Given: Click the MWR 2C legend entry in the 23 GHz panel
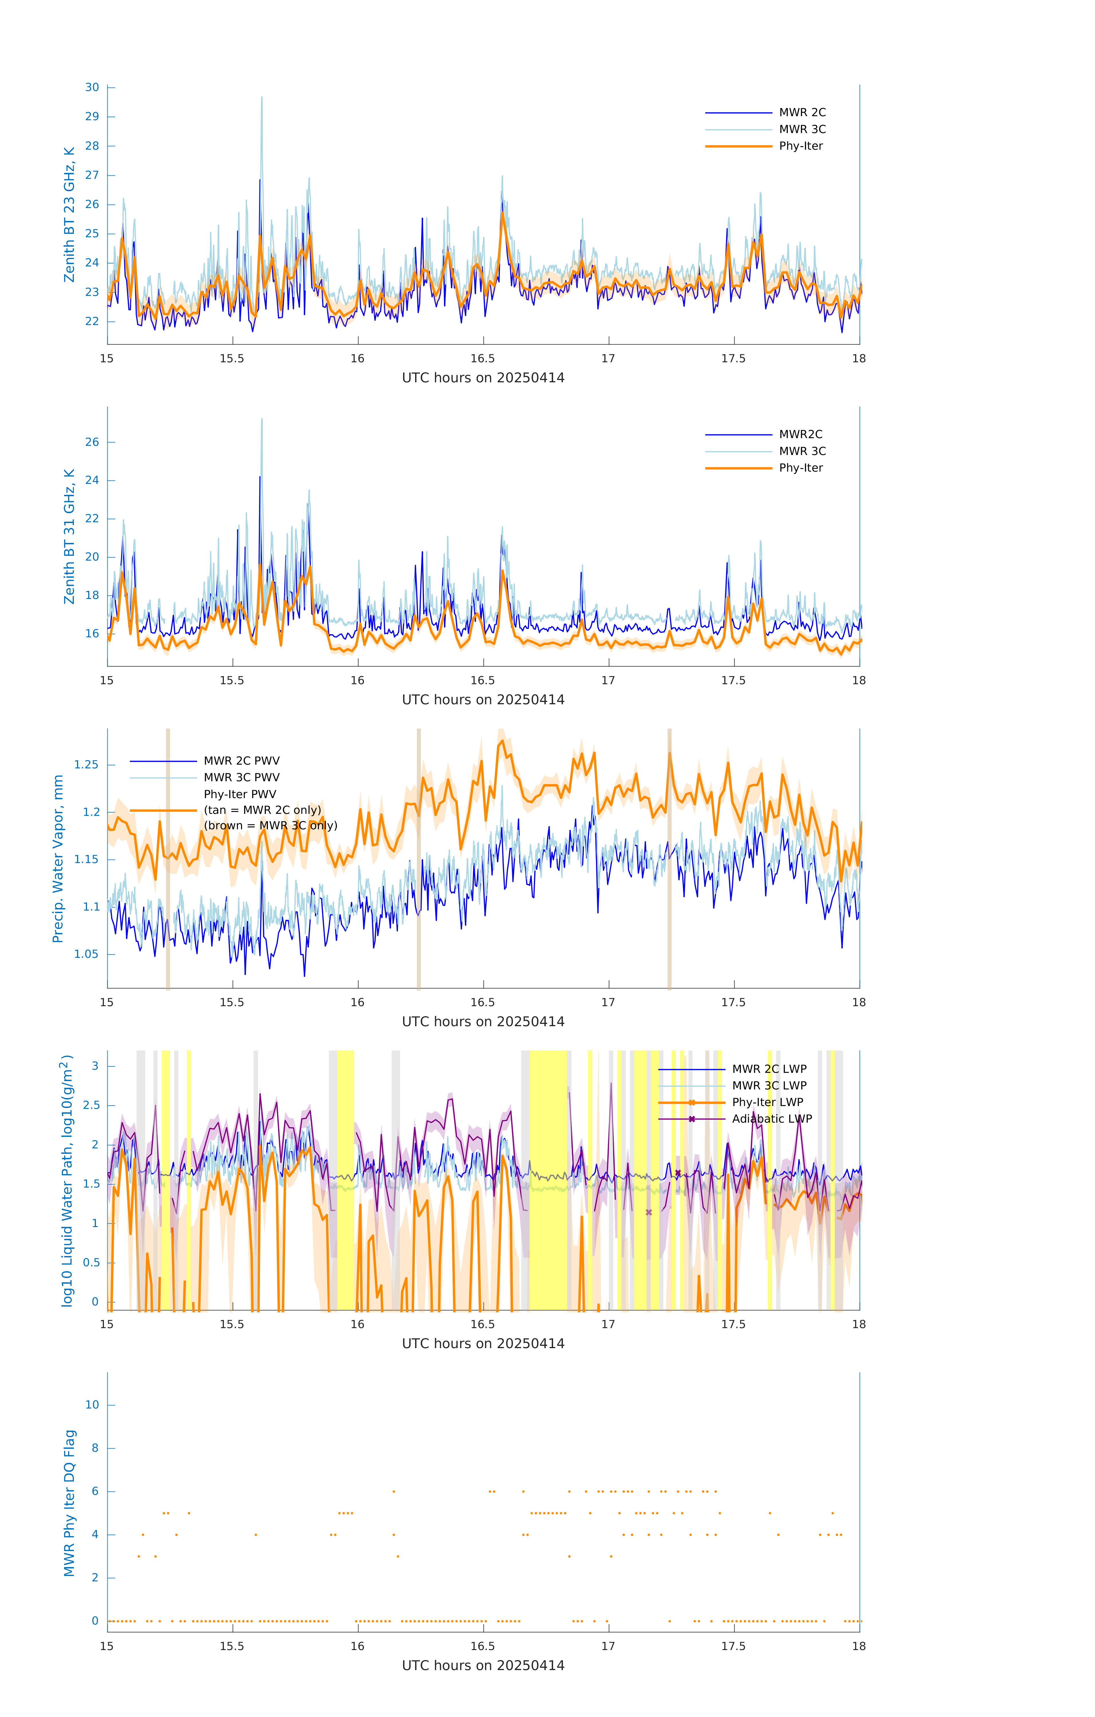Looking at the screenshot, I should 802,113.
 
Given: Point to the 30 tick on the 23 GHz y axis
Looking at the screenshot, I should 92,88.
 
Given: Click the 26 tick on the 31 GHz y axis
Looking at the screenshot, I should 92,442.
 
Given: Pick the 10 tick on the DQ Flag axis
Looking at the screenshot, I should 92,1405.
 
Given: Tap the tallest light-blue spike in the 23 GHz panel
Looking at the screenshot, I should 262,98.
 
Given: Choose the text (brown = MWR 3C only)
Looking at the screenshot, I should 270,826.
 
